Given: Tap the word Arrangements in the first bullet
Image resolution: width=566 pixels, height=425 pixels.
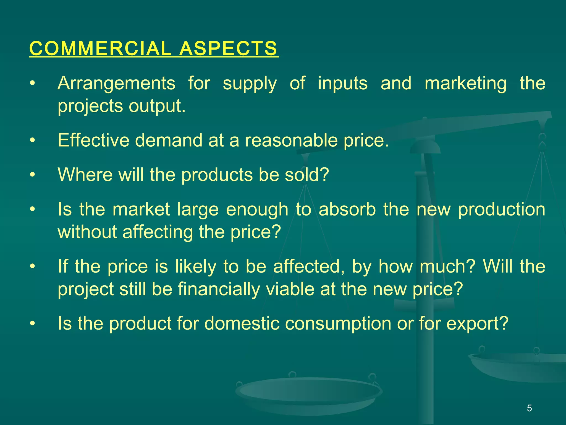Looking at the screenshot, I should click(116, 83).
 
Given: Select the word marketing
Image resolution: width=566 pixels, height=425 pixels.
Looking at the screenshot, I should click(466, 83).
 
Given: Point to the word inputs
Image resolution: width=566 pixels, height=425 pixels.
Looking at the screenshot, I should click(343, 83).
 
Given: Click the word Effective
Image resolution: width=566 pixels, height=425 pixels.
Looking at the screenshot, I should click(93, 140).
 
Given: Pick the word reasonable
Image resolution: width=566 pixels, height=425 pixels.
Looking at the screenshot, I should click(291, 140).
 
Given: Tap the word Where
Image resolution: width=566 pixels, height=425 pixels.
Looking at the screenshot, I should click(85, 175).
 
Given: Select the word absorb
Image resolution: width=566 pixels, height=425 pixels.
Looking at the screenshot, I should click(347, 209).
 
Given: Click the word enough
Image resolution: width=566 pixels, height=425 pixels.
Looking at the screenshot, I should click(257, 209).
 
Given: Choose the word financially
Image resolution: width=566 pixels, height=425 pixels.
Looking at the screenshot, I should click(219, 289).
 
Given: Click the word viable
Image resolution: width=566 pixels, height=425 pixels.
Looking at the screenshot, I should click(290, 289).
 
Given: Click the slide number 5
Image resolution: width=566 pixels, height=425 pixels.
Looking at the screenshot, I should click(529, 408).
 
